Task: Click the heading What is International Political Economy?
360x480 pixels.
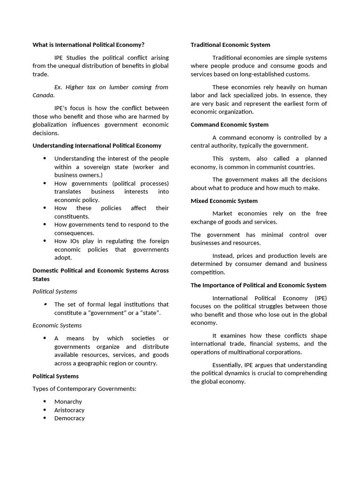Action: (88, 45)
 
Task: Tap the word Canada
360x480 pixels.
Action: (43, 95)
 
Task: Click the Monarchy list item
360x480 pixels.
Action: (68, 402)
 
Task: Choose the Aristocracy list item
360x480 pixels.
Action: (69, 410)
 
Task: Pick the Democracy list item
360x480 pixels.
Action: (69, 418)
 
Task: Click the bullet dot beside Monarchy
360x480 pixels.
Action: (45, 402)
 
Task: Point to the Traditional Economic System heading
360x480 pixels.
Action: (230, 45)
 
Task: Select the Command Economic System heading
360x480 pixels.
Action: (229, 125)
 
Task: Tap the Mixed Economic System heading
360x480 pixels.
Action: (224, 201)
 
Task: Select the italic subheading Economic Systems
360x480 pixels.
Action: (57, 325)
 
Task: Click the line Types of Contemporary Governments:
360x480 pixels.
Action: (84, 389)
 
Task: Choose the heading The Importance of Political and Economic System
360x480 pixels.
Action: (258, 285)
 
